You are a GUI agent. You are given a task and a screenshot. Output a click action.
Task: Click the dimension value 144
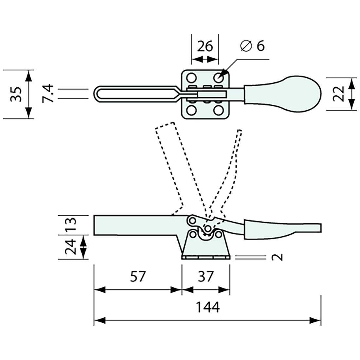[207, 307]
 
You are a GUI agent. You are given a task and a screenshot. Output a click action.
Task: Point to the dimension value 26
[205, 46]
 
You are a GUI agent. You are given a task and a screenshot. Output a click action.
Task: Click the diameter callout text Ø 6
[252, 46]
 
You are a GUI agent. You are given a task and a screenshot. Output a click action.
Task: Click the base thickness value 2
[278, 257]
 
